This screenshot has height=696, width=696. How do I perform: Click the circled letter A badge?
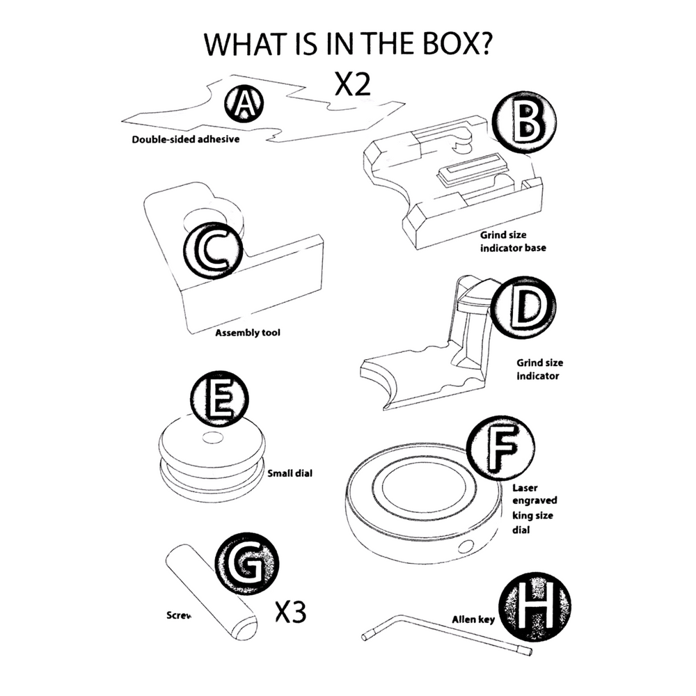pos(244,104)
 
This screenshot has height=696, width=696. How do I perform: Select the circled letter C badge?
pos(213,250)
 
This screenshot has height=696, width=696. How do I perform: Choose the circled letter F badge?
pos(500,449)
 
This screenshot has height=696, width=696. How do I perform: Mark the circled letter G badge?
pos(247,564)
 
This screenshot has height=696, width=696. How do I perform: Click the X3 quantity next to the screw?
pos(290,612)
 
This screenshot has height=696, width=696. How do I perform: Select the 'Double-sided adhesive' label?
pos(186,139)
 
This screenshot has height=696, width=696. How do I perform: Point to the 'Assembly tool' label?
pos(248,333)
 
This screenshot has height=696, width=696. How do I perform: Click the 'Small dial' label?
pos(290,473)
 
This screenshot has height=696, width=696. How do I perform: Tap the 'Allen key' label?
pos(473,618)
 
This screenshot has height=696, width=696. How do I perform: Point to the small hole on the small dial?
pos(209,438)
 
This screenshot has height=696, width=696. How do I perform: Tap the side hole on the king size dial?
pos(464,545)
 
